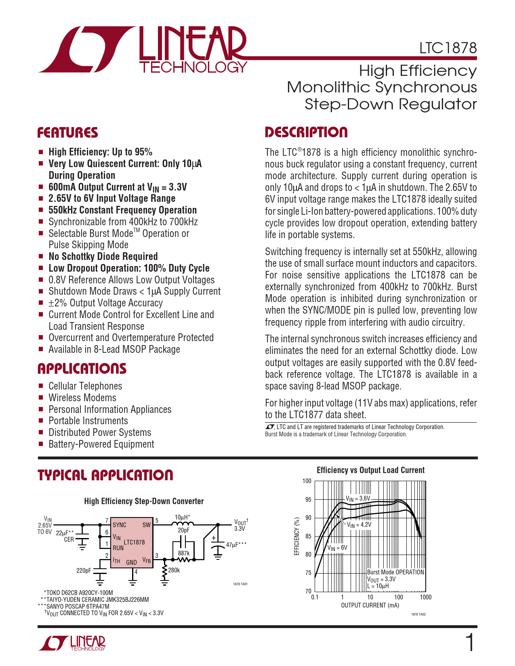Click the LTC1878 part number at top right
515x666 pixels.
coord(448,48)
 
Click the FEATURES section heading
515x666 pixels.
coord(67,133)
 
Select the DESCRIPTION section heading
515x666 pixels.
coord(306,132)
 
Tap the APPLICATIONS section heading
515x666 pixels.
coord(82,369)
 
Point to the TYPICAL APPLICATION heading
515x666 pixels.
coord(105,475)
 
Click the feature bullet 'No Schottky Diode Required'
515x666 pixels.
coord(103,257)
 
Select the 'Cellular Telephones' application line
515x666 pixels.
coord(85,386)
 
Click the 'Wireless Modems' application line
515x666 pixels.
coord(82,398)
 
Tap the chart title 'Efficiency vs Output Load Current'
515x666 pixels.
coord(370,470)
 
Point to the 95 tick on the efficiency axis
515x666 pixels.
coord(308,500)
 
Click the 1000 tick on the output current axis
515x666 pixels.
coord(425,597)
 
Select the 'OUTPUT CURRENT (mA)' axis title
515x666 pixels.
coord(370,605)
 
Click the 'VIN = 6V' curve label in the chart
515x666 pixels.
coord(337,548)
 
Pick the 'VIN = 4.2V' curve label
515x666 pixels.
coord(359,525)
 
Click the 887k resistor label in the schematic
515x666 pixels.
coord(184,553)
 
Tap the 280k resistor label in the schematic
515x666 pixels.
coord(174,570)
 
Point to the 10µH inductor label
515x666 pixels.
coord(182,517)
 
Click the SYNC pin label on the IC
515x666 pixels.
coord(120,525)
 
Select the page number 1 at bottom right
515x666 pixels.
coord(470,643)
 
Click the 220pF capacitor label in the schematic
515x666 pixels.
coord(84,571)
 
